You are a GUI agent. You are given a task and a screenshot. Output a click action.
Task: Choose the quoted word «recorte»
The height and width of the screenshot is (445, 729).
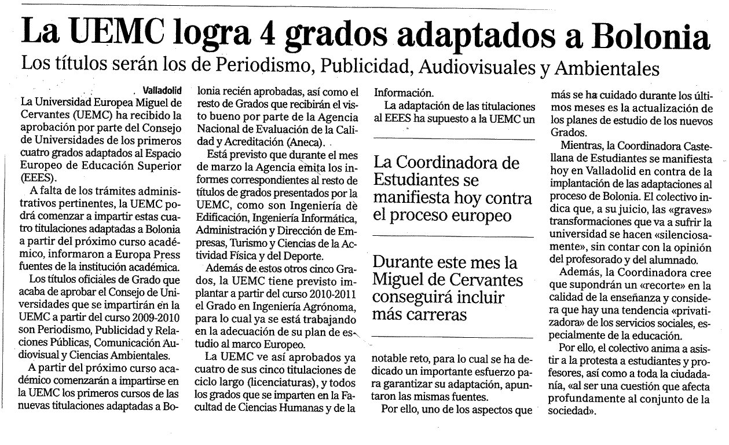point(656,285)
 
